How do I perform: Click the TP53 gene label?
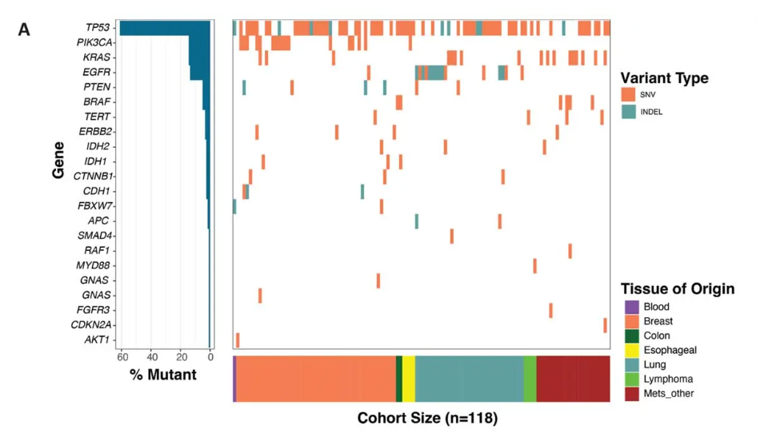98,28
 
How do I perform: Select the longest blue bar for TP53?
165,28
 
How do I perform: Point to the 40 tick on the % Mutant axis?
150,357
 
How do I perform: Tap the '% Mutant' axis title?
163,374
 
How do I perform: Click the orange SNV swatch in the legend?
628,94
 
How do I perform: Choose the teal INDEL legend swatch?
628,112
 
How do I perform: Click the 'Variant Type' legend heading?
664,78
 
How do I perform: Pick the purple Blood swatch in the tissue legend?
632,307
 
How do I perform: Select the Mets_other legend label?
669,394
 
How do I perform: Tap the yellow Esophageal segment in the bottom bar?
408,379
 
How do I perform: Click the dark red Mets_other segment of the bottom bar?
573,379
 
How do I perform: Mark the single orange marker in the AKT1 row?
238,340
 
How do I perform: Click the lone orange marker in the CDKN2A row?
605,325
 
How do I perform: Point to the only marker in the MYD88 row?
534,266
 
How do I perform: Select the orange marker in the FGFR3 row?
550,310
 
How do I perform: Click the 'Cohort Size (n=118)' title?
427,418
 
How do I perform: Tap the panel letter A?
24,30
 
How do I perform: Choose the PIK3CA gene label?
94,42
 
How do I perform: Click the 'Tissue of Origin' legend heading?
677,289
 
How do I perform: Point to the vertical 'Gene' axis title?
58,160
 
